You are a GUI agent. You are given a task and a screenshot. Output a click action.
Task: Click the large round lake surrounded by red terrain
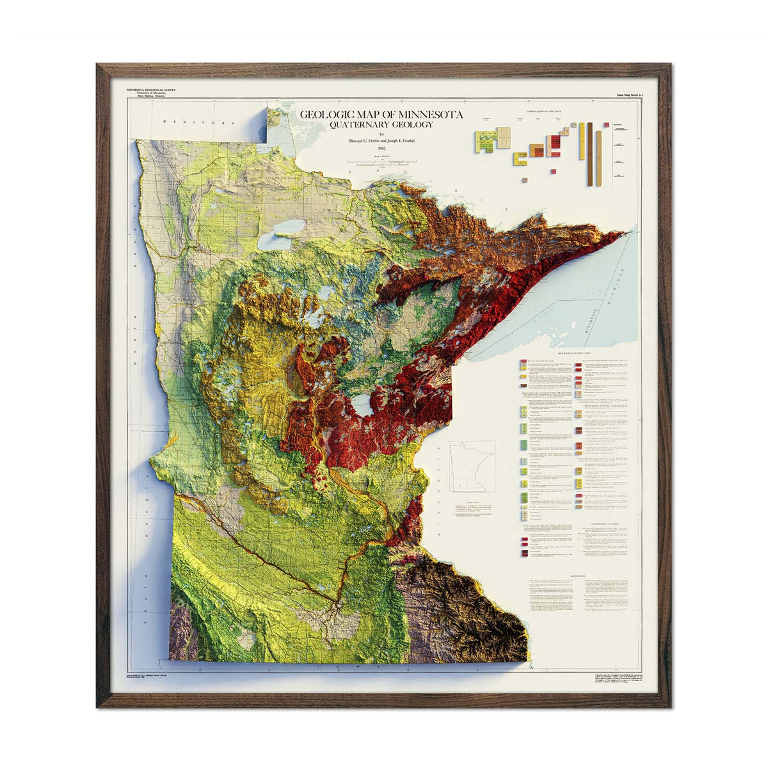click(x=364, y=405)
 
